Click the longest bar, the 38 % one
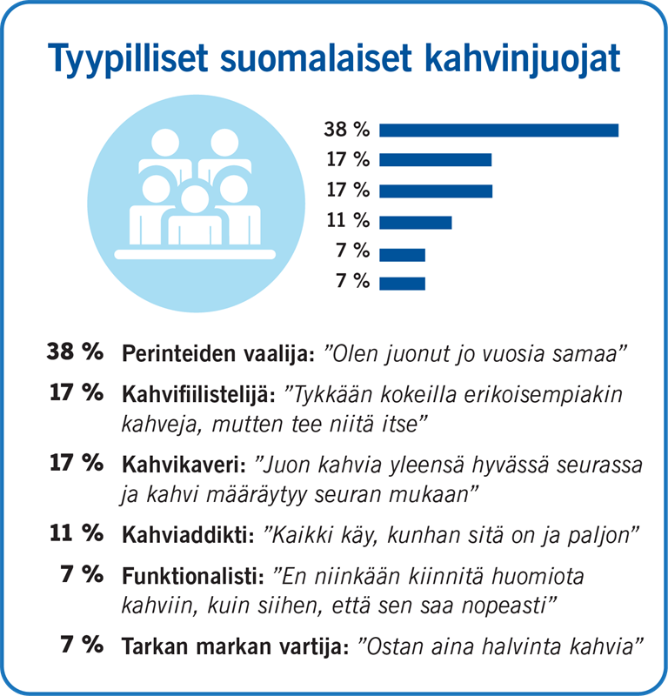498,130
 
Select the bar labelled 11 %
416,222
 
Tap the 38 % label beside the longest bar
347,130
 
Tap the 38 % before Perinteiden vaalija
75,353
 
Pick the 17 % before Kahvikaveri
77,463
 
